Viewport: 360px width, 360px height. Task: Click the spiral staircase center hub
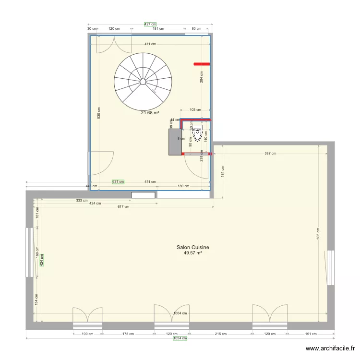pos(143,82)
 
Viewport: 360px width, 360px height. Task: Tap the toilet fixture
pos(197,131)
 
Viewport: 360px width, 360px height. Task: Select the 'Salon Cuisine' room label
pos(192,248)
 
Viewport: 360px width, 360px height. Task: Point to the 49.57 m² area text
pos(192,253)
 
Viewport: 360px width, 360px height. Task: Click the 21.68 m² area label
pos(150,113)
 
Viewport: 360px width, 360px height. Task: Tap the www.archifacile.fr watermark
pos(330,349)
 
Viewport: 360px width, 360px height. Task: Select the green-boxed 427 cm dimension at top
pos(150,24)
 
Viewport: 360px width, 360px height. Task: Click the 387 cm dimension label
pos(270,154)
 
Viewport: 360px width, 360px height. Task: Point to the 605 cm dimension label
pos(317,233)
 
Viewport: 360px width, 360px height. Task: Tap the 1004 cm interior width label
pos(180,313)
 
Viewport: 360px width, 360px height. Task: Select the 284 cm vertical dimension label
pos(201,77)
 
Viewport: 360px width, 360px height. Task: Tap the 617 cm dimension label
pos(123,207)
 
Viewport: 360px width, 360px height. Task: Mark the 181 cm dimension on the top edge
pos(158,29)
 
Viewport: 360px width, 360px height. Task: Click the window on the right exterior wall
pos(330,267)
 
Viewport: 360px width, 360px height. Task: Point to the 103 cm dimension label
pos(195,110)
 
